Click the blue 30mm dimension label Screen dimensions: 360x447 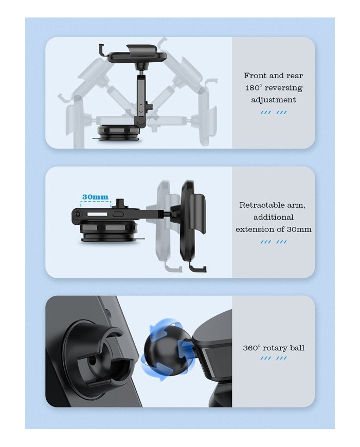95,196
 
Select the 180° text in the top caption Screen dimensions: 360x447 254,87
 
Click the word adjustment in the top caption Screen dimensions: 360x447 274,100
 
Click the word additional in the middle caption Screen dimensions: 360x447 274,217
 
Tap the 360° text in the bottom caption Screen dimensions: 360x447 251,348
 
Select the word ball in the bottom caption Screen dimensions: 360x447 298,348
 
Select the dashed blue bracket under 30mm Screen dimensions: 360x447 96,203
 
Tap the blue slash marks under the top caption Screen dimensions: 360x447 274,113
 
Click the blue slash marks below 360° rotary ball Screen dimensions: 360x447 274,358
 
